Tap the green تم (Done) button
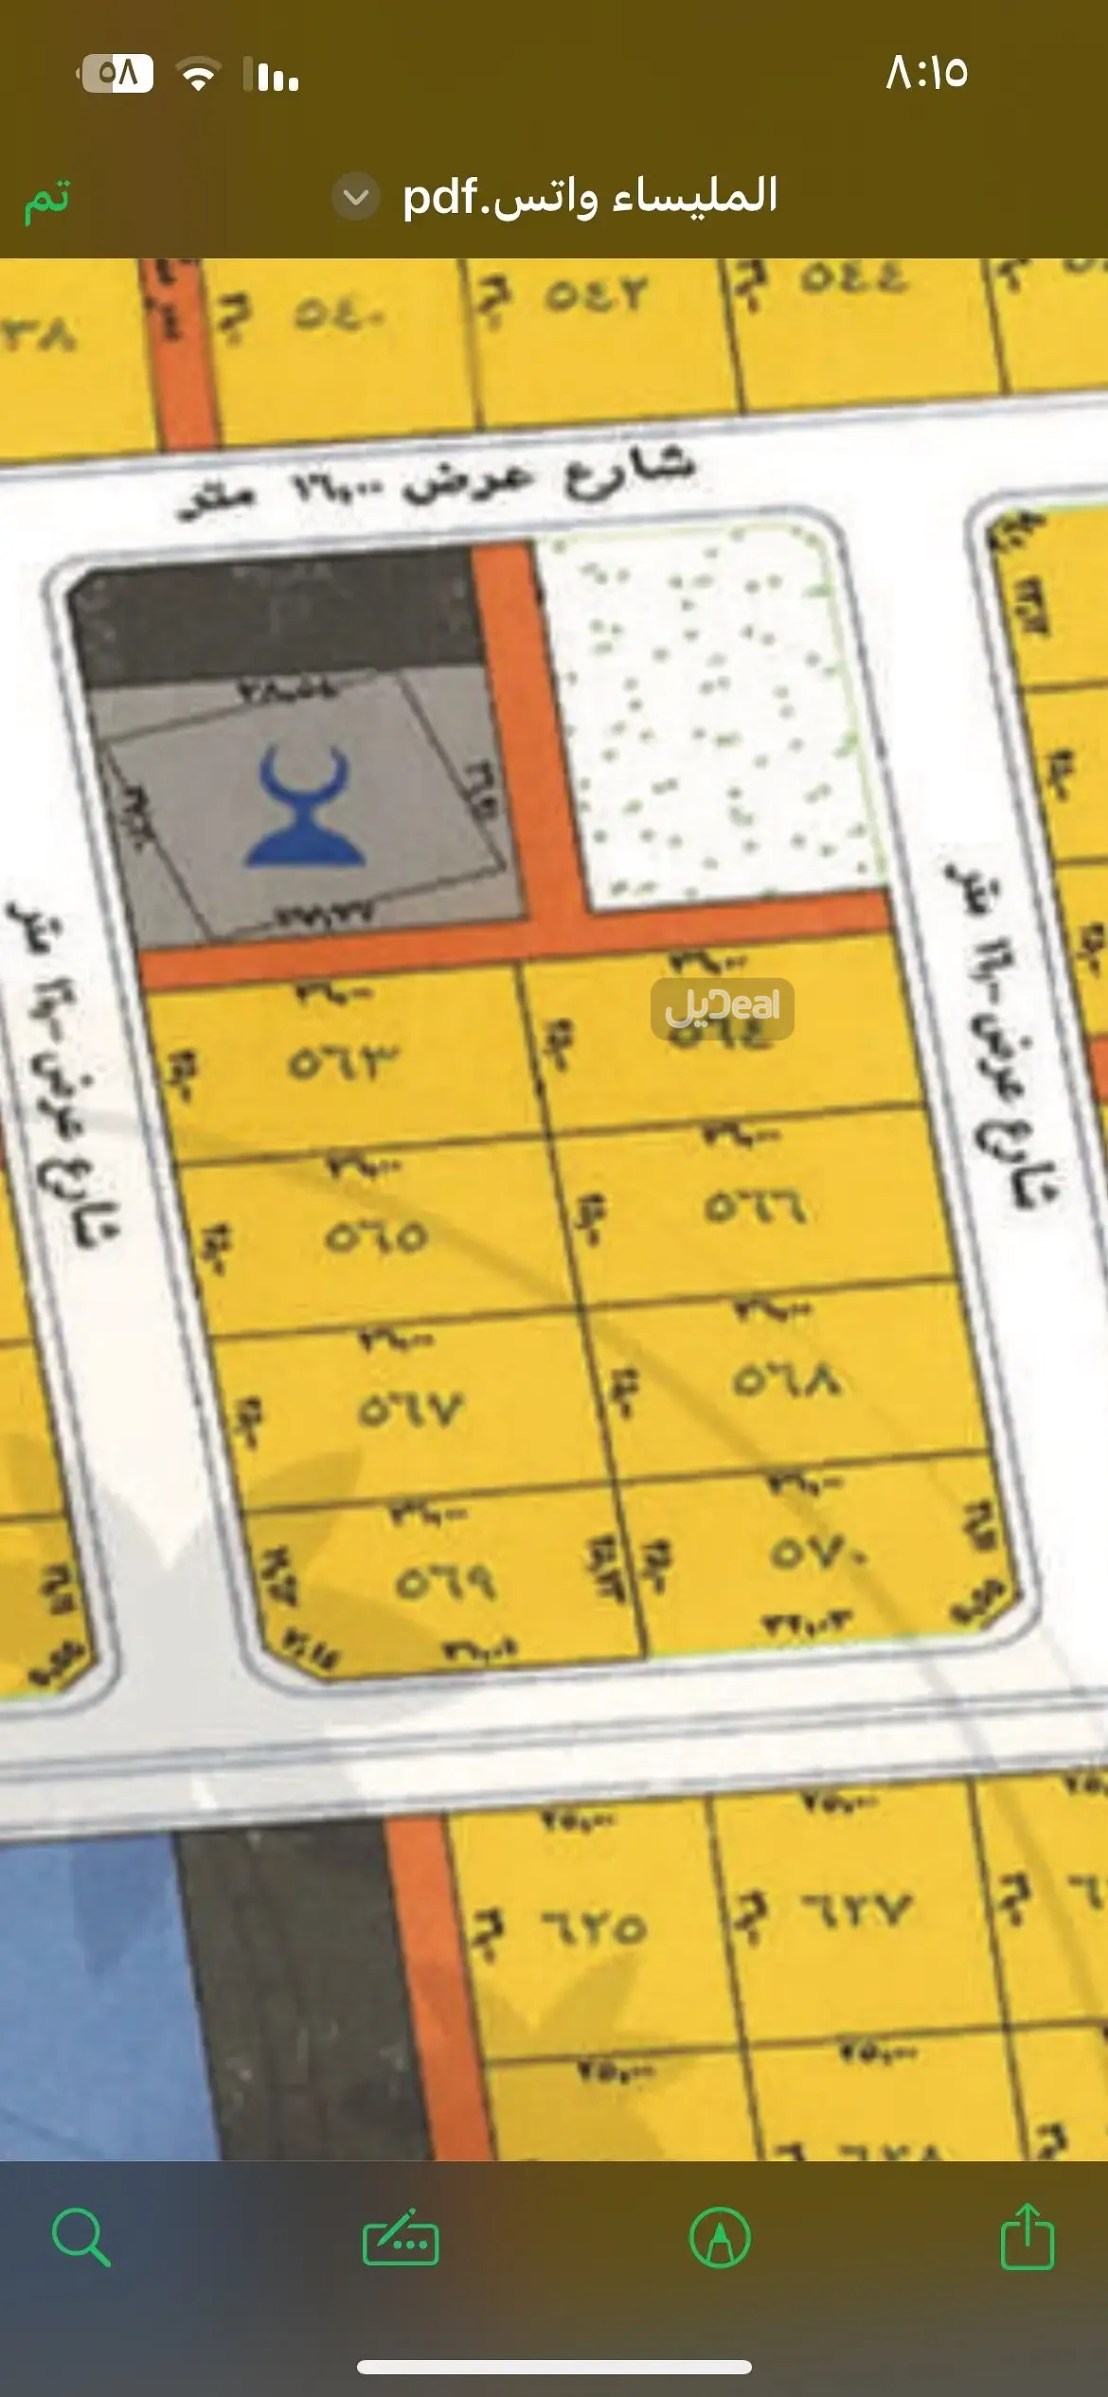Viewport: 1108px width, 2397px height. (47, 199)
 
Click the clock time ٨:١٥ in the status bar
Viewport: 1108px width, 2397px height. (926, 73)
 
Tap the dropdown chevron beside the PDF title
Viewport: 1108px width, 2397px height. (356, 197)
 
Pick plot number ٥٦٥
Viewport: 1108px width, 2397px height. (376, 1235)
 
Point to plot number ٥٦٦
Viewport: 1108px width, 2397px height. (754, 1207)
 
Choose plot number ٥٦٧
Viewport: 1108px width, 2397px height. (410, 1411)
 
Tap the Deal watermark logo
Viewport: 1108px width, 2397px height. (723, 1007)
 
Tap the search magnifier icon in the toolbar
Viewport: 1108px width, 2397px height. (80, 2238)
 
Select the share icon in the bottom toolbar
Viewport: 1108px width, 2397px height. (1028, 2236)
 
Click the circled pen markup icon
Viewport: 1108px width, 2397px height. (721, 2238)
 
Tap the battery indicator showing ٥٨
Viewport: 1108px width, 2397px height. (117, 73)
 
